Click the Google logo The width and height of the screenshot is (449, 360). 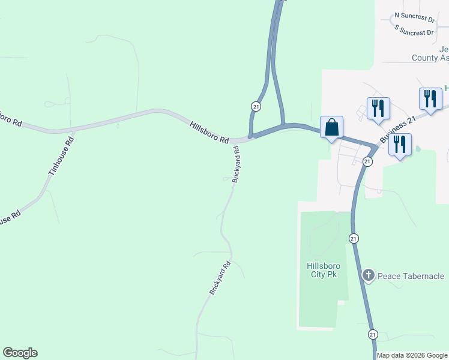[20, 353]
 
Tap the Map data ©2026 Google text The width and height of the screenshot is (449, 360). [412, 355]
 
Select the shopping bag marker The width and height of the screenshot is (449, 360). [331, 127]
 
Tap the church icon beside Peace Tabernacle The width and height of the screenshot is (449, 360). [369, 276]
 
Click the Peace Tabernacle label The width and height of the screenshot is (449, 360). [411, 276]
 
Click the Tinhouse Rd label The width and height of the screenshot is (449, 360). [60, 156]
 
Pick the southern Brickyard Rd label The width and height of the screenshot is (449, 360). [220, 278]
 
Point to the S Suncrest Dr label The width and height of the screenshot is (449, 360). [414, 30]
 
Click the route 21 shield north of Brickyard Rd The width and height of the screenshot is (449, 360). [256, 106]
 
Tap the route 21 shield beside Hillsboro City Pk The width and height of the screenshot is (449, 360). [354, 238]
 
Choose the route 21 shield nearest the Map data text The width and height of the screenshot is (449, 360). [373, 334]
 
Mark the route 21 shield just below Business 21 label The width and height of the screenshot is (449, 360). [367, 161]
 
